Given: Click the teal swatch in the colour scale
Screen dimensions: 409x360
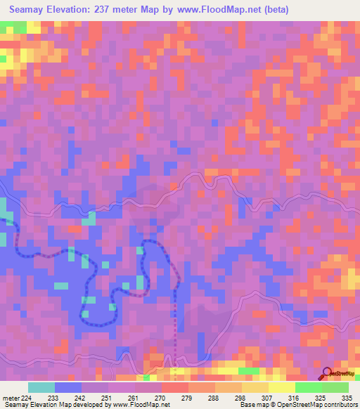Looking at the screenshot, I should (41, 387).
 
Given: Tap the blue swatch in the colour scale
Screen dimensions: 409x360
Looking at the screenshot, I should (68, 387).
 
